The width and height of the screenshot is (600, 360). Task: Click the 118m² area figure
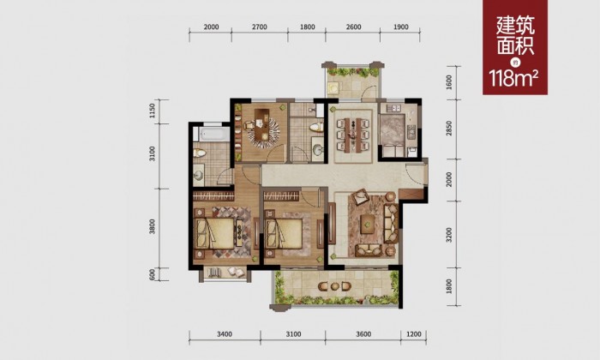[x=514, y=78]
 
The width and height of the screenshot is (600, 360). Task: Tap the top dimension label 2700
[x=260, y=27]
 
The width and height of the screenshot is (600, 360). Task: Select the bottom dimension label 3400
[x=225, y=334]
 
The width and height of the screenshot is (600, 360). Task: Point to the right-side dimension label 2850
[x=449, y=129]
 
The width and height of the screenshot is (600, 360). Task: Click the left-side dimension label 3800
[x=153, y=226]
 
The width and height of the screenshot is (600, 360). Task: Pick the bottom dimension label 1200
[x=414, y=334]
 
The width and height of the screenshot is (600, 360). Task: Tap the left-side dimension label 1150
[x=153, y=111]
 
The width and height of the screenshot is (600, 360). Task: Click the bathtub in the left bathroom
[x=212, y=135]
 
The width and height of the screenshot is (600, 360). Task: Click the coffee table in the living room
[x=368, y=224]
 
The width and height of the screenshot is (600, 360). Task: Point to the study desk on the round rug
[x=262, y=125]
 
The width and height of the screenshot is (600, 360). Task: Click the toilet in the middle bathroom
[x=315, y=127]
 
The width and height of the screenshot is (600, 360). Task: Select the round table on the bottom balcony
[x=333, y=286]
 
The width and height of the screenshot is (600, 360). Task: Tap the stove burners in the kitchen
[x=411, y=132]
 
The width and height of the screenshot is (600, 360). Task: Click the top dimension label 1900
[x=400, y=27]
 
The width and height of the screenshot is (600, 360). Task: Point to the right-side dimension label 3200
[x=449, y=235]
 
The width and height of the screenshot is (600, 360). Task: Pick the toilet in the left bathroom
[x=200, y=153]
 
